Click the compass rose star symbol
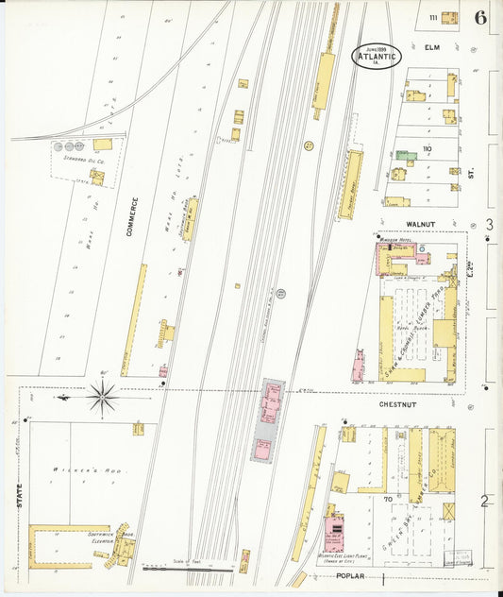(102, 398)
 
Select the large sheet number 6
(481, 17)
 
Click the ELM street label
(433, 47)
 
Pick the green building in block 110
(405, 155)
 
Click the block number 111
(431, 18)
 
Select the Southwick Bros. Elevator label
(101, 537)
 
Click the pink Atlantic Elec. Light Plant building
(333, 533)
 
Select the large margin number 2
(484, 502)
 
